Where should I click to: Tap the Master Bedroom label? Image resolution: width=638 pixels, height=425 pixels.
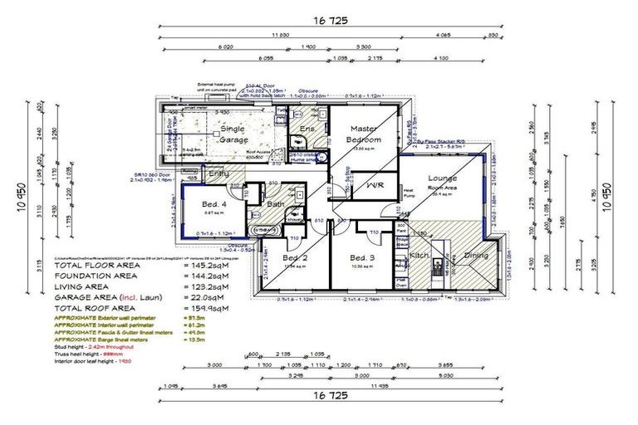coord(364,134)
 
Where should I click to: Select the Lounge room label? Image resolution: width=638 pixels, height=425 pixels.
coord(443,178)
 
